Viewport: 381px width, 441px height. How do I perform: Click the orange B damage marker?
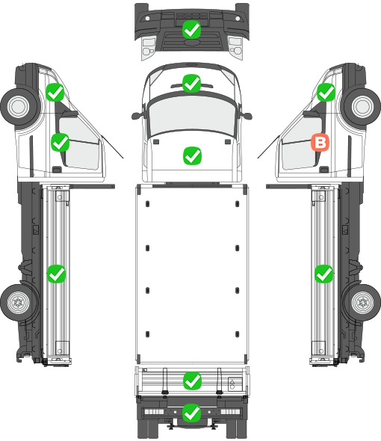pos(320,142)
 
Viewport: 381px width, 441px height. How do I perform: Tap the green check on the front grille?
pos(191,30)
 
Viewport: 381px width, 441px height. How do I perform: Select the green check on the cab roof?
pos(191,83)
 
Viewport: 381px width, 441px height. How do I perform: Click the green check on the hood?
pos(192,155)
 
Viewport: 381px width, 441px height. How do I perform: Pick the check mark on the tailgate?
pos(192,381)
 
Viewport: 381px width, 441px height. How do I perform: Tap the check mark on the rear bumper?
pos(192,413)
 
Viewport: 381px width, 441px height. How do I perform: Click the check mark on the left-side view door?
pos(61,142)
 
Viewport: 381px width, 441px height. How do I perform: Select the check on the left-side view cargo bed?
pos(56,274)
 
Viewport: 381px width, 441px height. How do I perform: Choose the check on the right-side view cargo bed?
pos(324,274)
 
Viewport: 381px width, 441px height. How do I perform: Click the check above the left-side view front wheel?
pos(55,92)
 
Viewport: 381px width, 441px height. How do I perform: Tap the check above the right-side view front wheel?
pos(326,92)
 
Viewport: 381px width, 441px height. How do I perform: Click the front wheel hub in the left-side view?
pos(19,107)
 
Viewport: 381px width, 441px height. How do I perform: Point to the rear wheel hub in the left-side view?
pos(18,302)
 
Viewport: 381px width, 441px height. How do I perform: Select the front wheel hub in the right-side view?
pos(363,106)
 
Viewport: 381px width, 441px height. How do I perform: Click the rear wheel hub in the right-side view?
pos(363,302)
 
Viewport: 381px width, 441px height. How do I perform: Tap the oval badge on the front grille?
pos(191,42)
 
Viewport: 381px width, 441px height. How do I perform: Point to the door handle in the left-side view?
pos(57,170)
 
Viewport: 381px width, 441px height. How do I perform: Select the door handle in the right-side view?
pos(324,170)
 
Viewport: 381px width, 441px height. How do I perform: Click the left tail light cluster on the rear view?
pos(154,412)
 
